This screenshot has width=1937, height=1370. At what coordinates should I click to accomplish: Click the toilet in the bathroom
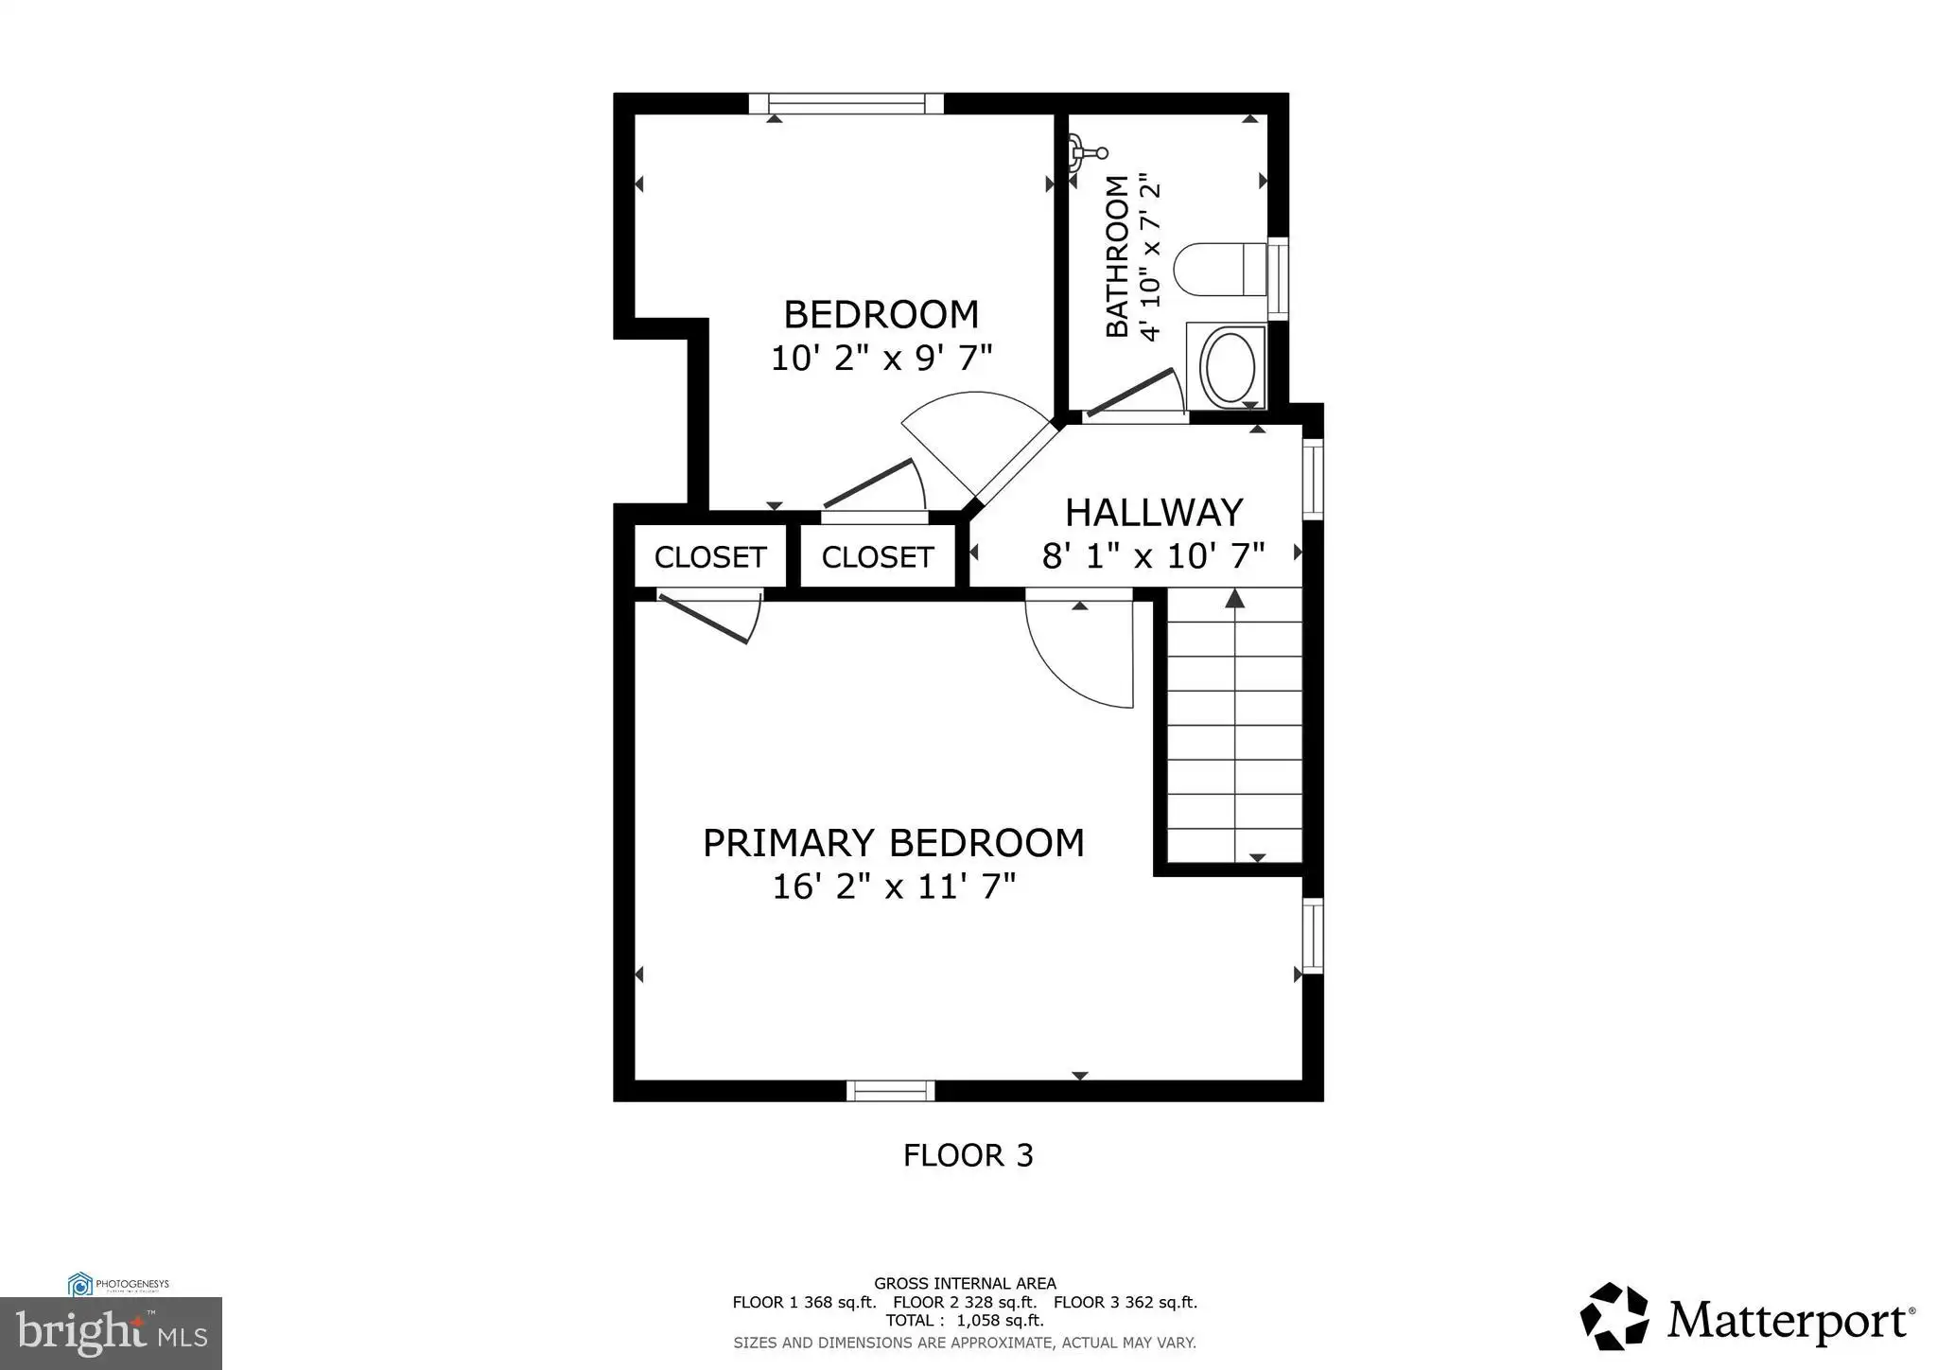[x=1220, y=269]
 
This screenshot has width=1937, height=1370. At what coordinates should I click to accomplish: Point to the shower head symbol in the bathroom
[x=1087, y=152]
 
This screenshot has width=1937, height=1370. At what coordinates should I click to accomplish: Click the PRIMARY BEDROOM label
[x=893, y=842]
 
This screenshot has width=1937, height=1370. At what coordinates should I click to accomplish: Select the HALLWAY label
[x=1154, y=512]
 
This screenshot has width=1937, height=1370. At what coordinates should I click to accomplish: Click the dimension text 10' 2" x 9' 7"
[x=881, y=358]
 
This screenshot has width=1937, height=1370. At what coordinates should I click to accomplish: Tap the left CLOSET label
[x=710, y=557]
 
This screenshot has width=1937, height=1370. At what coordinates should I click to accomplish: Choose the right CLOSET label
[x=878, y=557]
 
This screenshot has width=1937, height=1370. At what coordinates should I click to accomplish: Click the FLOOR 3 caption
[x=968, y=1155]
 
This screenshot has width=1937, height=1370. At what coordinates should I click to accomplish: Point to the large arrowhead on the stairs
[x=1235, y=597]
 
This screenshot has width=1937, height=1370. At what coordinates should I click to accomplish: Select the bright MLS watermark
[x=111, y=1333]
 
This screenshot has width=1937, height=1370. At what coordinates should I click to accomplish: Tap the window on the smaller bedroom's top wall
[x=846, y=103]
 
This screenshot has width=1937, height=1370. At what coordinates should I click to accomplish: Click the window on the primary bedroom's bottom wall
[x=890, y=1091]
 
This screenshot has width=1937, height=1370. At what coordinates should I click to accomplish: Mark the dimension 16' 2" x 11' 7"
[x=894, y=887]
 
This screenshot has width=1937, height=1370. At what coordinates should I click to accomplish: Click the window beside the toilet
[x=1278, y=278]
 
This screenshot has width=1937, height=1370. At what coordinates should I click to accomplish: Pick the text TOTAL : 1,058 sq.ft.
[x=965, y=1320]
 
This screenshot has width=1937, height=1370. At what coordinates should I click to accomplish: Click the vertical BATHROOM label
[x=1118, y=256]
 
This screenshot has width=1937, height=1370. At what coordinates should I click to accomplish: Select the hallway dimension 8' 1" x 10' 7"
[x=1154, y=555]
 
